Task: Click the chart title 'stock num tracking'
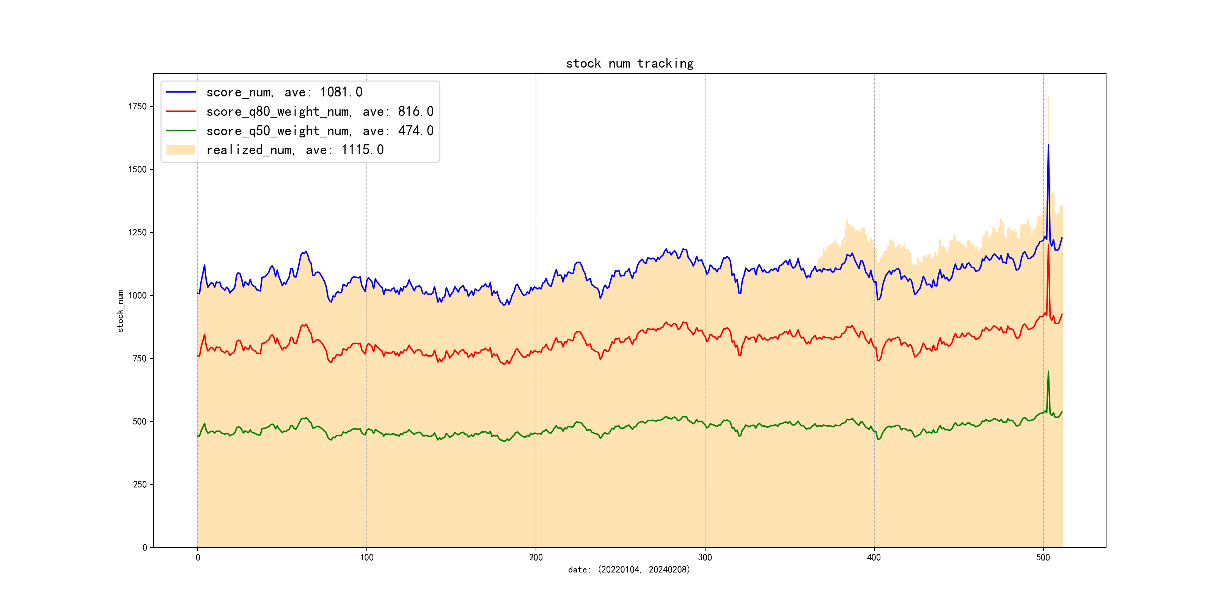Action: coord(629,63)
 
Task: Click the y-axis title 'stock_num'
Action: coord(120,311)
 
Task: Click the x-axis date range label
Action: coord(629,570)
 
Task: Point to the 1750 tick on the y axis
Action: coord(137,106)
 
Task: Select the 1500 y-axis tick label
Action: coord(137,170)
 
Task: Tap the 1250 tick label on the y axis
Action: coord(137,233)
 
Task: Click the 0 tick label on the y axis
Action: coord(145,548)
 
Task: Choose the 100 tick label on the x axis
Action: coord(366,558)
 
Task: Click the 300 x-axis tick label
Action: coord(705,558)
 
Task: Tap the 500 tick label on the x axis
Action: coord(1043,558)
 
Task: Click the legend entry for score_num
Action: coord(284,92)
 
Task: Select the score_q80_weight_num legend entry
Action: coord(320,112)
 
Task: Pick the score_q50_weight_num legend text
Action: coord(320,131)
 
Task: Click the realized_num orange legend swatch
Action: coord(180,150)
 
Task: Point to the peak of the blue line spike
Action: coord(1048,145)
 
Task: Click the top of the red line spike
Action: coord(1048,245)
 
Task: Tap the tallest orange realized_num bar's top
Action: coord(1048,97)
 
